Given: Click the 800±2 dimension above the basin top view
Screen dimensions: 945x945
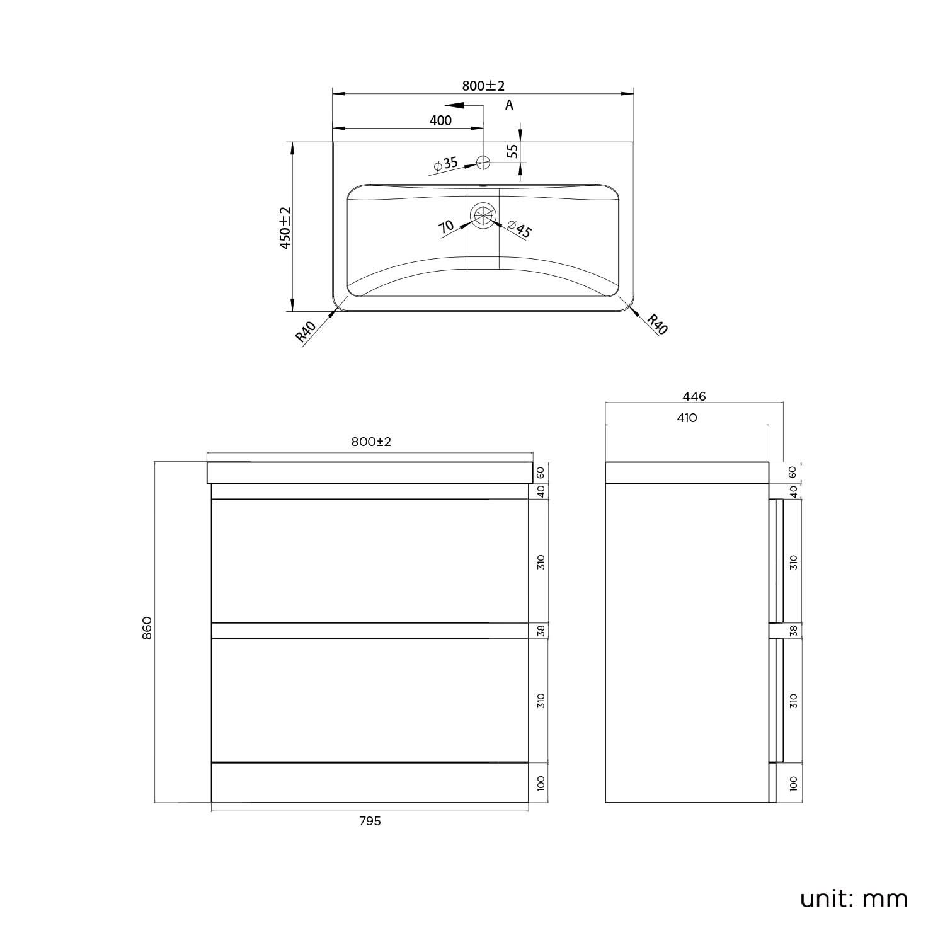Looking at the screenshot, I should coord(484,86).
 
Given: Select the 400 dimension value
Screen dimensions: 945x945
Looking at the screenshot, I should coord(441,120).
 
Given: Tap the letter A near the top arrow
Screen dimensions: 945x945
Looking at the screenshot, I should coord(509,105).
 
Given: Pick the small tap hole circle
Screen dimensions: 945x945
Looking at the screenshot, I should coord(483,163).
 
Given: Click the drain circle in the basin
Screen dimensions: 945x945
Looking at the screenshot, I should coord(483,215).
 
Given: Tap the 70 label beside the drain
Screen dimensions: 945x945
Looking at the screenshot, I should coord(446,227).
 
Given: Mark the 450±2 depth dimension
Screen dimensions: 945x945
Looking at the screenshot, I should coord(285,227).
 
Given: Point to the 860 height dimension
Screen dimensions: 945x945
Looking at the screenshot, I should coord(147,627).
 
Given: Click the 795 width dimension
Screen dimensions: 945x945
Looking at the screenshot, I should coord(370,821).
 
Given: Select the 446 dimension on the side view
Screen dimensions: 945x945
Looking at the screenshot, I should coord(694,396).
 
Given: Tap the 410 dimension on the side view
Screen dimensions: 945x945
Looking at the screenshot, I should coord(687,418).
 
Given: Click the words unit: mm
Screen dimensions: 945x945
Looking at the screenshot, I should coord(854,898).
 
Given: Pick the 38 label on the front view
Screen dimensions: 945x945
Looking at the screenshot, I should coord(541,630).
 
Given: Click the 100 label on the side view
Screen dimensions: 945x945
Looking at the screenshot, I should coord(793,783).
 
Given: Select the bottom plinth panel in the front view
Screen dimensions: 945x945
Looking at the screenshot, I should coord(370,782).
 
